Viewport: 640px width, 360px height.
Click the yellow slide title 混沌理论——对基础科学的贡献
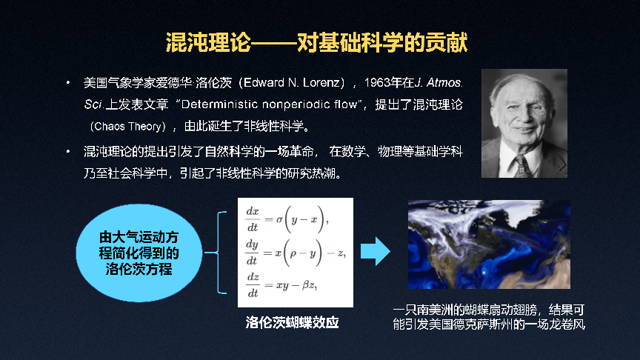pyautogui.click(x=317, y=42)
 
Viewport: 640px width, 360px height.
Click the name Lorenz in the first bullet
pyautogui.click(x=321, y=83)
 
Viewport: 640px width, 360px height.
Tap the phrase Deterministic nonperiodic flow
pyautogui.click(x=269, y=104)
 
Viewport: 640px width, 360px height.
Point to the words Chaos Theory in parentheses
pyautogui.click(x=127, y=127)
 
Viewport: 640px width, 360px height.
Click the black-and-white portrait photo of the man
pyautogui.click(x=524, y=123)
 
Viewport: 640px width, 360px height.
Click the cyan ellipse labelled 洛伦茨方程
pyautogui.click(x=139, y=253)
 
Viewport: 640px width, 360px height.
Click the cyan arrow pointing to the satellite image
pyautogui.click(x=376, y=251)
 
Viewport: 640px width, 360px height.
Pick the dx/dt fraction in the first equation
pyautogui.click(x=253, y=219)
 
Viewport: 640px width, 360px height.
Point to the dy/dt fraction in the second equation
pyautogui.click(x=252, y=253)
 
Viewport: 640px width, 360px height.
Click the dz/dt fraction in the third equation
pyautogui.click(x=253, y=285)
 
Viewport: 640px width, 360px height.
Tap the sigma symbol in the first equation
pyautogui.click(x=279, y=219)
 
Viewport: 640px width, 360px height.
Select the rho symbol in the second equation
pyautogui.click(x=293, y=254)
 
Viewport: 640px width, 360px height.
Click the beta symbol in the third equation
pyautogui.click(x=305, y=285)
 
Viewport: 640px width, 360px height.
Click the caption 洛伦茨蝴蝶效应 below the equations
pyautogui.click(x=293, y=322)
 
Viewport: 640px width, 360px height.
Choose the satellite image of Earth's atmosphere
pyautogui.click(x=489, y=244)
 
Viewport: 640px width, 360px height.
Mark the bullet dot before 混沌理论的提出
pyautogui.click(x=68, y=152)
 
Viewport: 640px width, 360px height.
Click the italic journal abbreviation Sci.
pyautogui.click(x=93, y=104)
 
